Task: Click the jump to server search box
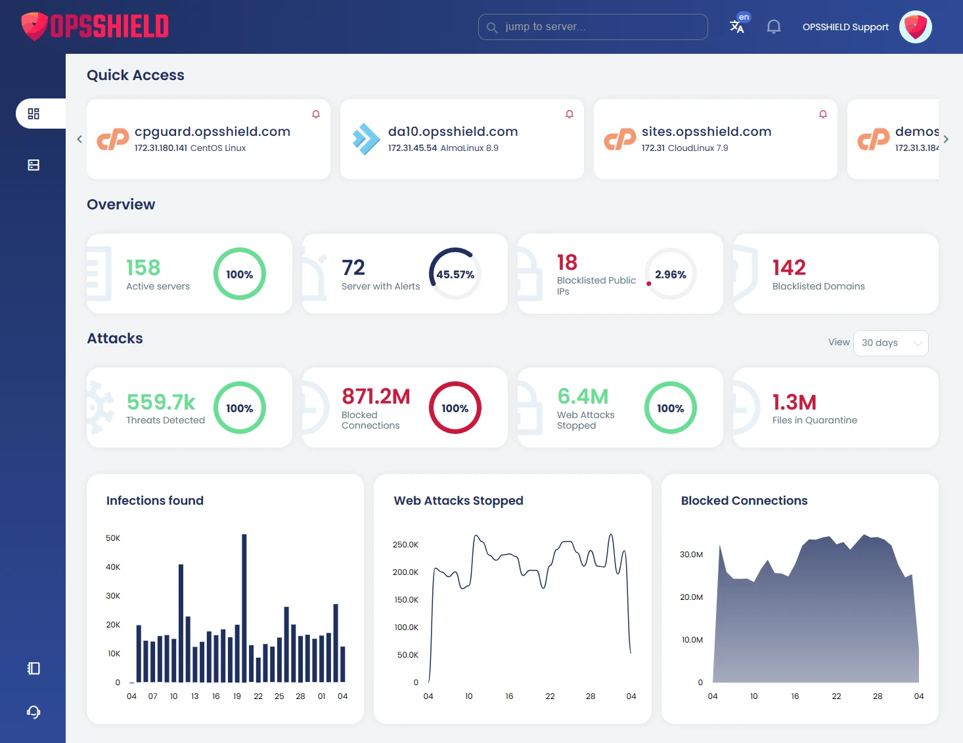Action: [x=593, y=27]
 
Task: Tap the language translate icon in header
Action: [x=737, y=26]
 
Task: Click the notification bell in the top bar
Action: [x=774, y=27]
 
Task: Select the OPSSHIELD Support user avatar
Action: [x=915, y=27]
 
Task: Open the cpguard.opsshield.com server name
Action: [x=212, y=131]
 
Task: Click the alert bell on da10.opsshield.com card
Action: [x=570, y=114]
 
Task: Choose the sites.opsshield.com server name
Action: [x=706, y=131]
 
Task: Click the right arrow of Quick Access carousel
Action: [x=946, y=139]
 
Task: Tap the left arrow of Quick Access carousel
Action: [x=79, y=139]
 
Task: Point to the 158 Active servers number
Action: [x=143, y=267]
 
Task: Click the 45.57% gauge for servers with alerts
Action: [x=455, y=274]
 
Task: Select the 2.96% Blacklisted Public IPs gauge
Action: [x=670, y=274]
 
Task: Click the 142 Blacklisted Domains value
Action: [x=789, y=267]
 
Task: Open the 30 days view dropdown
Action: [x=890, y=343]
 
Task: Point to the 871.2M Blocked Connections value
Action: [x=376, y=396]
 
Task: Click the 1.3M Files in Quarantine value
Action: [x=794, y=402]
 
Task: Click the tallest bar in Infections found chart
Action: [x=244, y=607]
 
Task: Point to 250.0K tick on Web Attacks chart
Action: [x=405, y=545]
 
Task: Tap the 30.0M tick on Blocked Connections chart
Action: [x=691, y=555]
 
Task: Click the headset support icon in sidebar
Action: [x=34, y=712]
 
